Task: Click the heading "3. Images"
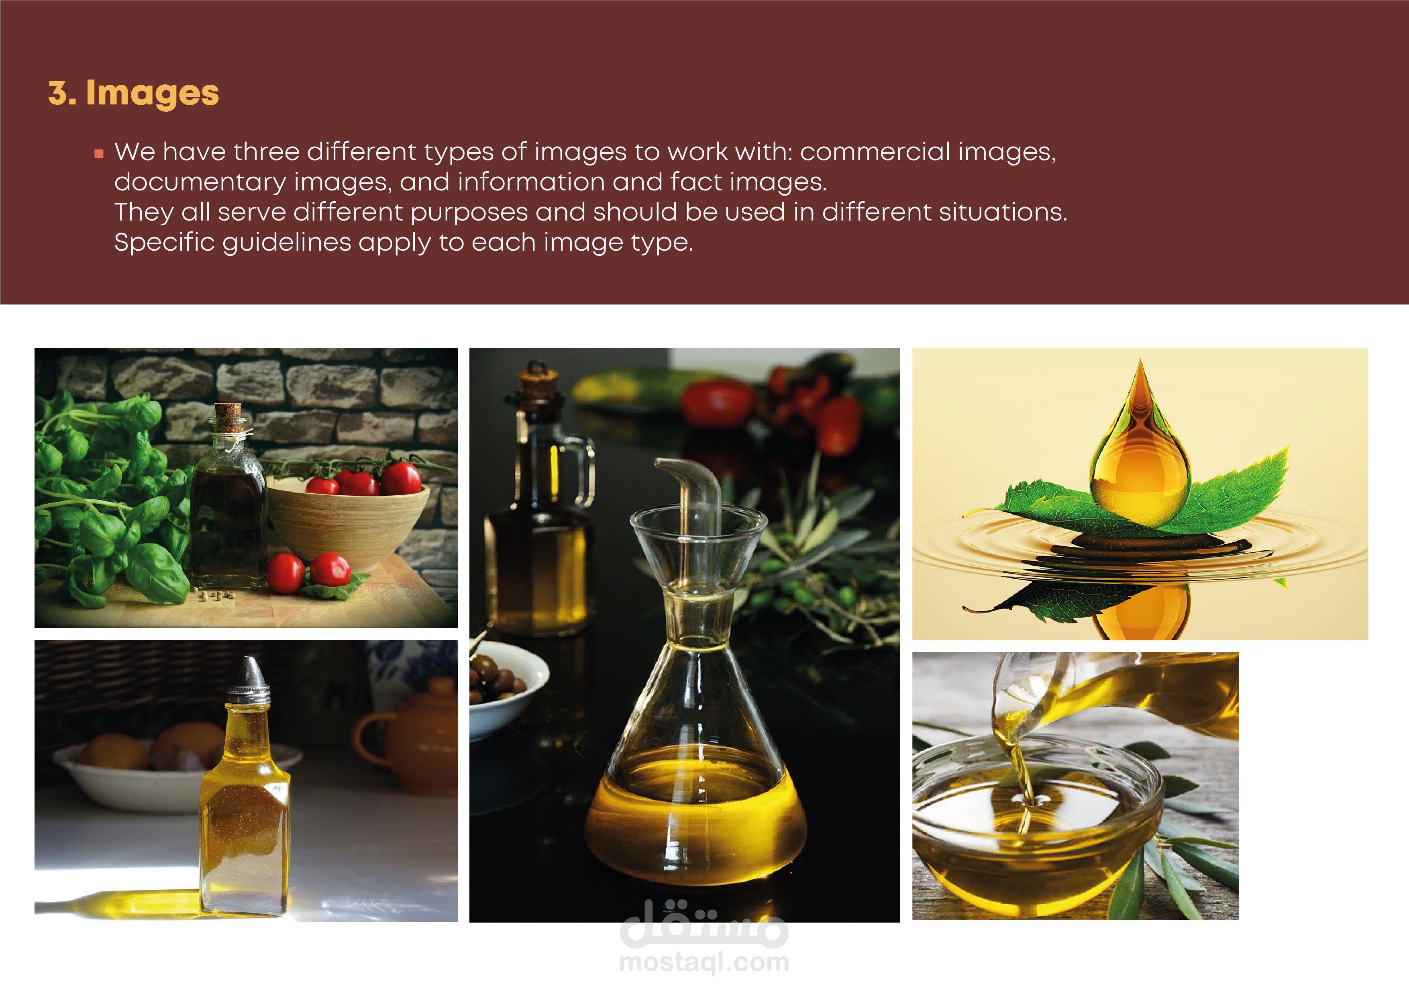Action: click(133, 93)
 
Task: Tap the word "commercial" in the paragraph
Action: click(876, 151)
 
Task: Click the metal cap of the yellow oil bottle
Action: click(247, 680)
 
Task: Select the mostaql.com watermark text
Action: click(704, 962)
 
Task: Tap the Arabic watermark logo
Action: click(704, 923)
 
